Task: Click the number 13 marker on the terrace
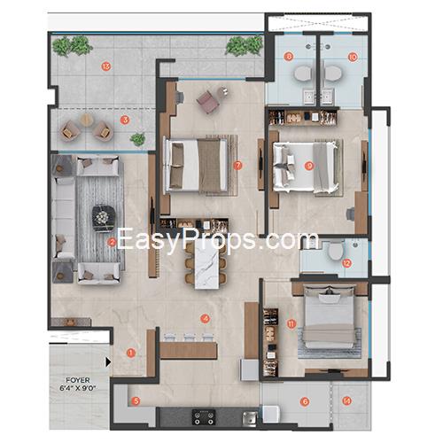tap(106, 66)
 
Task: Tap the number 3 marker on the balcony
tap(125, 120)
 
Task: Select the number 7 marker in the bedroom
tap(237, 166)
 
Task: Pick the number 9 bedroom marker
tap(309, 166)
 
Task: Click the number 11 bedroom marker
tap(291, 324)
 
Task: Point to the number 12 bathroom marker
tap(346, 263)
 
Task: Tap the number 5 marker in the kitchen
tap(136, 401)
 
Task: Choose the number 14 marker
tap(346, 400)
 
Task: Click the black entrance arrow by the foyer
tap(108, 362)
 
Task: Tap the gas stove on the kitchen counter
tap(204, 417)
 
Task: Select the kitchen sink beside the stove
tap(249, 418)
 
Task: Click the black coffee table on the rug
tap(103, 219)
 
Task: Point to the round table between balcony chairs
tap(86, 120)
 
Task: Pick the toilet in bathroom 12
tap(336, 250)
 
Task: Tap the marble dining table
tap(207, 266)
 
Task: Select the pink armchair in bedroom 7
tap(207, 99)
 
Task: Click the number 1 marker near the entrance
tap(130, 353)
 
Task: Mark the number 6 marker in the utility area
tap(305, 401)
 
